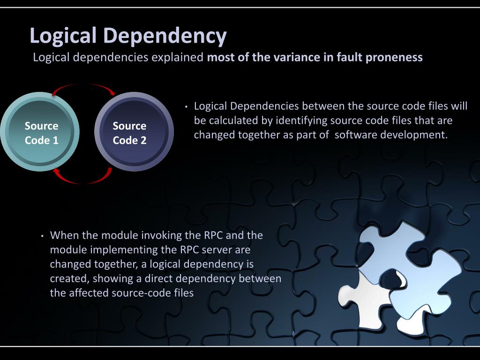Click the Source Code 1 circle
pos(41,133)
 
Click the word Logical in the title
pos(63,36)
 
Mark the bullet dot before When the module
pos(42,235)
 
